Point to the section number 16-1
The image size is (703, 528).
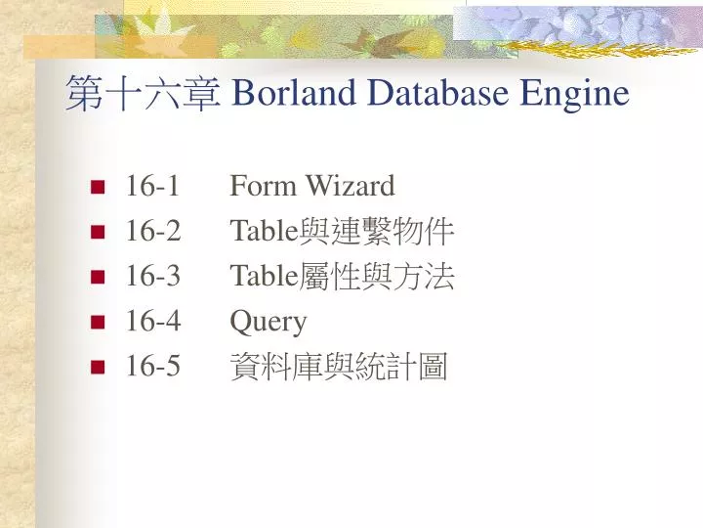pos(152,186)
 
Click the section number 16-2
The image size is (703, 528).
pos(152,232)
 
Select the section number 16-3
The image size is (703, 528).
pos(152,277)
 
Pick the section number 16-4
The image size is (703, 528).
pos(152,322)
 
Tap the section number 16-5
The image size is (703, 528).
pos(152,367)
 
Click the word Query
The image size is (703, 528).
pos(269,323)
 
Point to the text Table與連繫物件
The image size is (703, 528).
pos(342,232)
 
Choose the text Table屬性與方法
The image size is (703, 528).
pos(342,277)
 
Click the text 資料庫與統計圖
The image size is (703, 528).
pos(338,368)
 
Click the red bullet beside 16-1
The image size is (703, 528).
pos(98,187)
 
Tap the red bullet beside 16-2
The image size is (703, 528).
pos(98,233)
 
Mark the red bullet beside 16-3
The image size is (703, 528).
pos(98,278)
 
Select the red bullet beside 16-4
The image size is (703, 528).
pos(98,323)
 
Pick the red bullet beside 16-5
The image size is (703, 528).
pos(98,368)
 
